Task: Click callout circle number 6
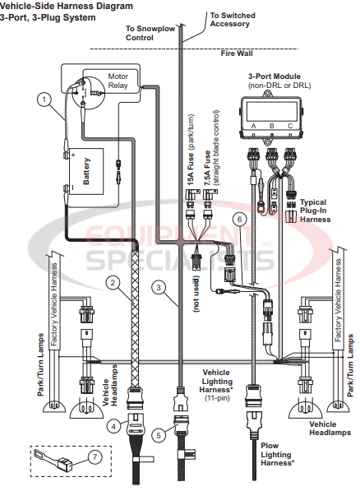pyautogui.click(x=239, y=220)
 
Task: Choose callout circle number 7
pyautogui.click(x=95, y=456)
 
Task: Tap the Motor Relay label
pyautogui.click(x=123, y=81)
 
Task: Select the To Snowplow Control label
pyautogui.click(x=150, y=33)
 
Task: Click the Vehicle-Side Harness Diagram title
pyautogui.click(x=61, y=5)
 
